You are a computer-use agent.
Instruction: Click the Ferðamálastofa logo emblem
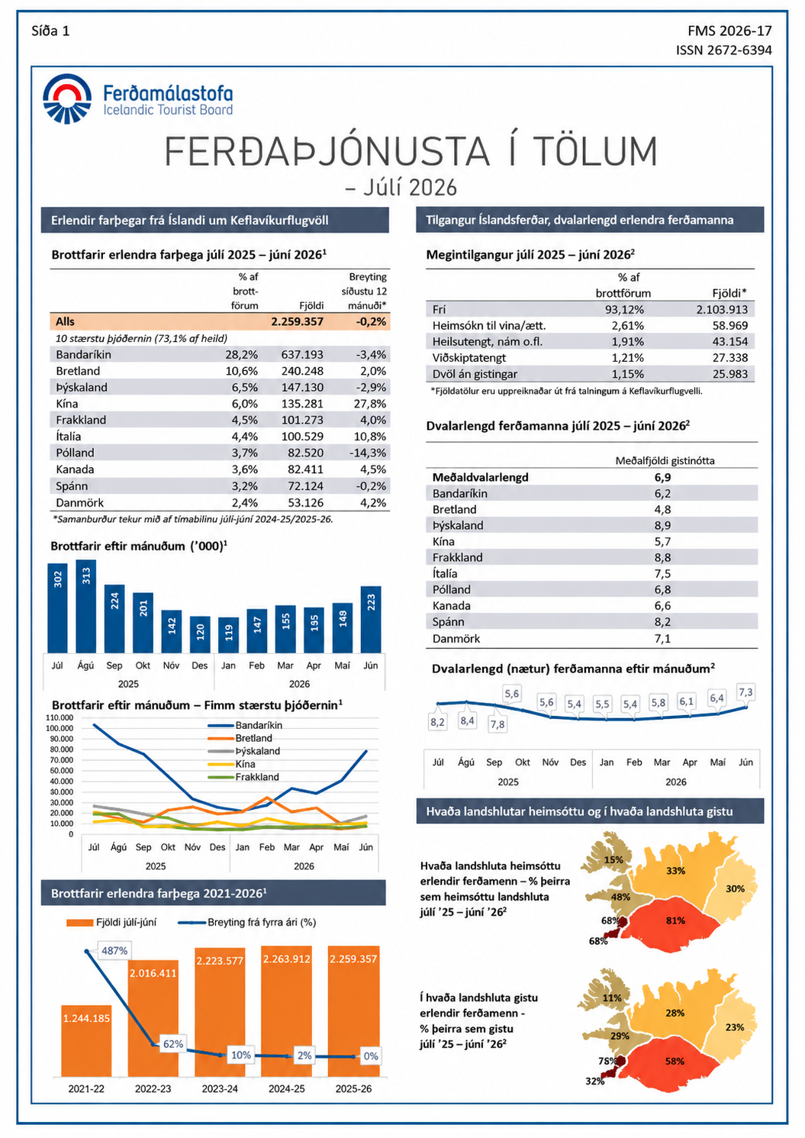click(67, 98)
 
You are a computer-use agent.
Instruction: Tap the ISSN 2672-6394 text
click(724, 50)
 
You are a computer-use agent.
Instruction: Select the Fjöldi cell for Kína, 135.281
click(302, 404)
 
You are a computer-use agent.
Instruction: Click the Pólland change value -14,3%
click(368, 453)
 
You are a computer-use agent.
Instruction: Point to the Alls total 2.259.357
click(297, 321)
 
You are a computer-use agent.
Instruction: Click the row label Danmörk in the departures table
click(80, 502)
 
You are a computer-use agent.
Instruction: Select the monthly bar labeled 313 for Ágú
click(86, 606)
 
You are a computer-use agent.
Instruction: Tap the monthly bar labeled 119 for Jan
click(229, 635)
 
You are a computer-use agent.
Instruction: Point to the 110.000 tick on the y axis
click(60, 717)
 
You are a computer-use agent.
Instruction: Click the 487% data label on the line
click(114, 950)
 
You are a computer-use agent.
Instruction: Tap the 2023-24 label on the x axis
click(220, 1088)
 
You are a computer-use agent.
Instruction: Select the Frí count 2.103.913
click(722, 309)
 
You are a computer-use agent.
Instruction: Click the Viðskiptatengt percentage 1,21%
click(628, 358)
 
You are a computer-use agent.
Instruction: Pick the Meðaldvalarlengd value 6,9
click(663, 477)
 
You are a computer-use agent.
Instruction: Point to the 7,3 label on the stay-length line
click(746, 692)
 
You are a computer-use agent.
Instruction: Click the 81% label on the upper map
click(675, 920)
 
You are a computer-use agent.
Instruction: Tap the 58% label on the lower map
click(675, 1061)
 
